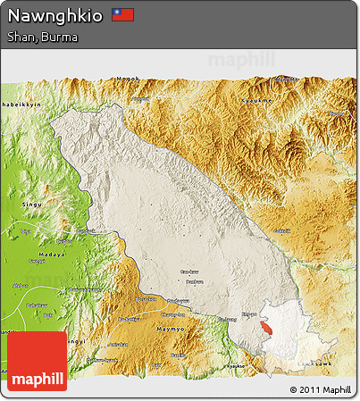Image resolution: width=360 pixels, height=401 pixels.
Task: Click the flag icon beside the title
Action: pos(122,15)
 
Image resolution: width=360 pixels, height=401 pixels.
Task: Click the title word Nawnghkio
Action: pos(55,16)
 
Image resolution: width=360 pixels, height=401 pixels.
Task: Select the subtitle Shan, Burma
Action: pos(42,38)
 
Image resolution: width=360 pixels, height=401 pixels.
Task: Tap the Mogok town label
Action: pos(129,79)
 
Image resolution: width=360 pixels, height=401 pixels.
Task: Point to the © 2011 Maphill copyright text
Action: pos(321,389)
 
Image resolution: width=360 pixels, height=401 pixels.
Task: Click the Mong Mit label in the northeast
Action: pos(338,113)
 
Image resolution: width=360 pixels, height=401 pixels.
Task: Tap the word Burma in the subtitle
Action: pos(62,38)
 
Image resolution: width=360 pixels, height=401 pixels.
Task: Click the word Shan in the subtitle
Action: pos(22,38)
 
